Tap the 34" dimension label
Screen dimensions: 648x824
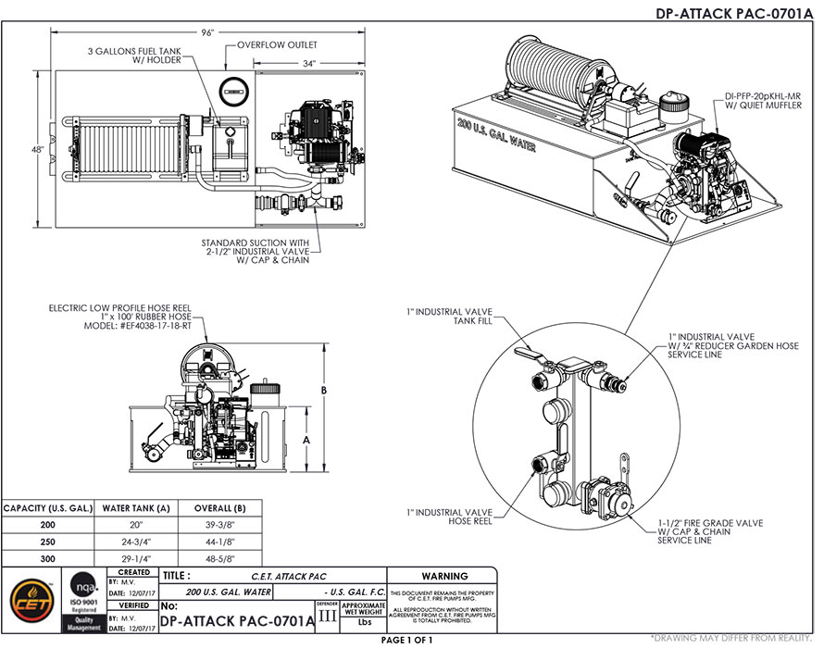click(309, 63)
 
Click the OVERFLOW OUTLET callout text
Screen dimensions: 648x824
click(277, 44)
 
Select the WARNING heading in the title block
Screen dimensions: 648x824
click(443, 576)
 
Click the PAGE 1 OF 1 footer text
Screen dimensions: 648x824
click(410, 640)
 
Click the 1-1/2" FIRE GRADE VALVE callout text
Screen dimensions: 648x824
click(710, 523)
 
